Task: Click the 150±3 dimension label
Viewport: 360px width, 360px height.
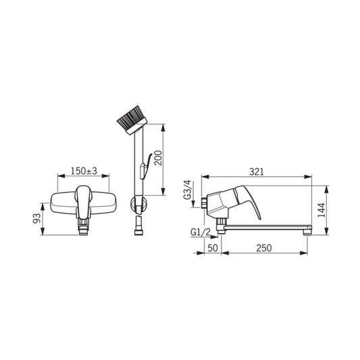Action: [x=84, y=171]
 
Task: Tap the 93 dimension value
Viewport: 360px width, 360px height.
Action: [x=36, y=218]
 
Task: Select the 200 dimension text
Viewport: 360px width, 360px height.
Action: [x=158, y=158]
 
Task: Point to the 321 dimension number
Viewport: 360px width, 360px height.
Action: [x=257, y=172]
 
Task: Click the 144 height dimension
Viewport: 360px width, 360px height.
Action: [x=322, y=210]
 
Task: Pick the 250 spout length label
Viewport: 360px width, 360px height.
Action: [x=264, y=248]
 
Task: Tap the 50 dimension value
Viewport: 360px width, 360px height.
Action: [x=213, y=248]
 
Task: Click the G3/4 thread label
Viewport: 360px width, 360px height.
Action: [x=187, y=190]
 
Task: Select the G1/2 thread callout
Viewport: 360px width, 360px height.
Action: [x=200, y=232]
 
